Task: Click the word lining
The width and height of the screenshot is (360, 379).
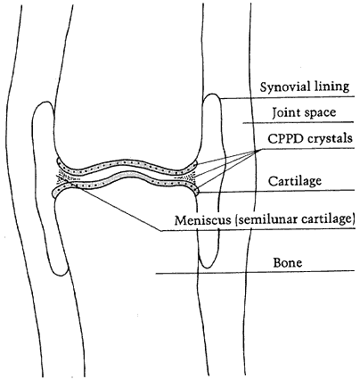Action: coord(331,87)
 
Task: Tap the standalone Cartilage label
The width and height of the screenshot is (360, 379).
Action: coord(295,181)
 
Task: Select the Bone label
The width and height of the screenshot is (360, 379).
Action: coord(287,263)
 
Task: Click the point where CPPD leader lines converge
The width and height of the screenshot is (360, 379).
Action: coord(256,152)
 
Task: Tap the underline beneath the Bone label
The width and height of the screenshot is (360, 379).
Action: coord(255,272)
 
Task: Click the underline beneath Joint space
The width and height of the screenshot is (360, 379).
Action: coord(299,122)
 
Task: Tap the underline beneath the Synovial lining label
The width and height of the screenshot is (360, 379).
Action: coord(288,97)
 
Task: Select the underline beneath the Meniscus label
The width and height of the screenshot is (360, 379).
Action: coord(258,229)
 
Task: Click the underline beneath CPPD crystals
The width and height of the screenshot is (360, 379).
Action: coord(305,148)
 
